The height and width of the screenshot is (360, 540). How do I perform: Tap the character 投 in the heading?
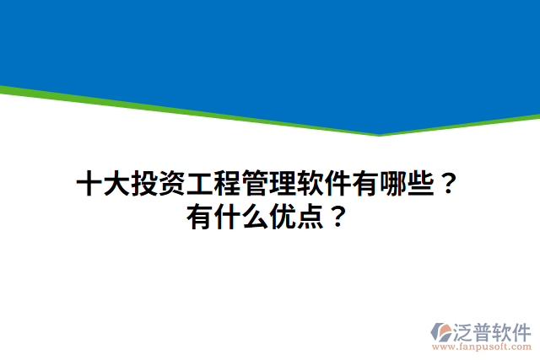pos(143,184)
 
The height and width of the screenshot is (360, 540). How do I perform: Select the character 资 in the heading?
pos(171,184)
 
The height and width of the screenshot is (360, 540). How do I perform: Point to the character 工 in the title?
pos(199,184)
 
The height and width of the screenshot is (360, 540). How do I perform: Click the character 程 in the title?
pos(226,184)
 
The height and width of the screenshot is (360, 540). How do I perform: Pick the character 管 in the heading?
pos(254,184)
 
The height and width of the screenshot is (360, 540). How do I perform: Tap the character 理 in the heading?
pos(282,184)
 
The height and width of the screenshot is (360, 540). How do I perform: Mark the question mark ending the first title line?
pos(450,184)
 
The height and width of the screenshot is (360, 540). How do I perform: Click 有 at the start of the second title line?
pos(200,218)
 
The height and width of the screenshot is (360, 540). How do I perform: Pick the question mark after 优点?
pos(338,218)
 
